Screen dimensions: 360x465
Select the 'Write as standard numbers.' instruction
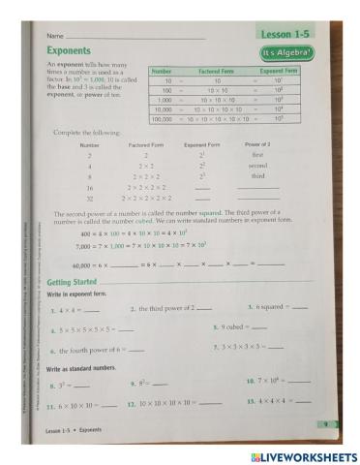click(x=84, y=369)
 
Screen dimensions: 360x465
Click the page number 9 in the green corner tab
click(x=329, y=423)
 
